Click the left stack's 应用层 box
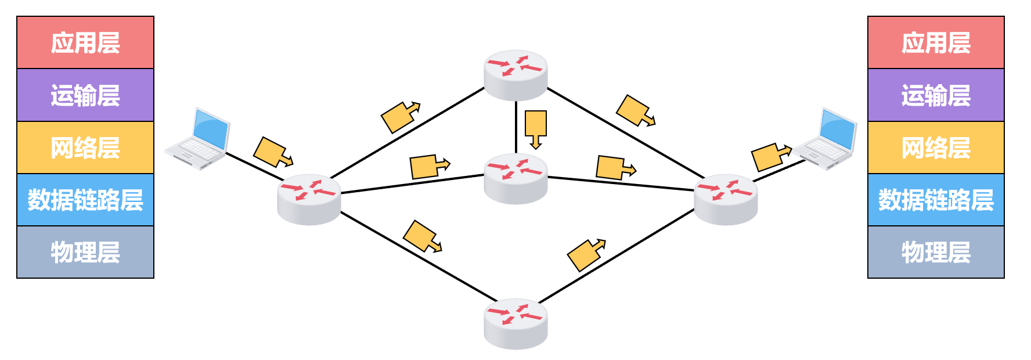85,42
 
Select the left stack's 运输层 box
85,95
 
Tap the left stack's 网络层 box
85,147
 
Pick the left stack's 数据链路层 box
85,200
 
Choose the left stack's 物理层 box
85,252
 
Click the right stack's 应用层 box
936,42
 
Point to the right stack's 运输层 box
936,95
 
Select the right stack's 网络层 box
936,147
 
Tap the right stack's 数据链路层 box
936,200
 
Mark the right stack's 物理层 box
936,252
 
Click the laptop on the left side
199,139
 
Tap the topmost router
515,74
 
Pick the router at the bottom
515,323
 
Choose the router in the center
515,178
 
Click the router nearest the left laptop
309,199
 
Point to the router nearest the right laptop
726,199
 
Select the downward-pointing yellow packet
535,127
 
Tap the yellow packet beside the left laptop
272,153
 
